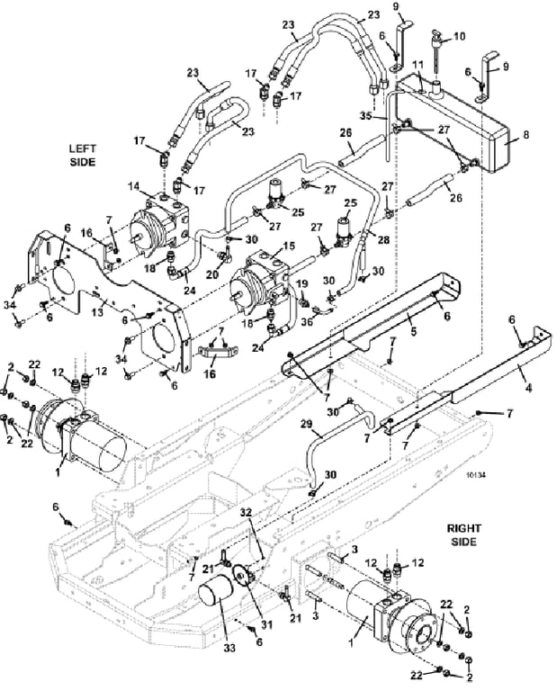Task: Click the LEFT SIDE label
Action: (x=83, y=155)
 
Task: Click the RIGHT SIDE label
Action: (x=463, y=534)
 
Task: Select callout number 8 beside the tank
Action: (x=525, y=135)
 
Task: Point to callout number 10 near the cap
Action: (x=460, y=36)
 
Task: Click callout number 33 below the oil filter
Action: (x=229, y=648)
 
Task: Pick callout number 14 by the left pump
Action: (x=133, y=186)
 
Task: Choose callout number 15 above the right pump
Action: (x=289, y=245)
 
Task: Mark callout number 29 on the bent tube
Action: (x=306, y=425)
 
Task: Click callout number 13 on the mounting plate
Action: (x=97, y=312)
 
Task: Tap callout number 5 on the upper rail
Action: (x=413, y=330)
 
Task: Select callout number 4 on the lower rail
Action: (x=529, y=388)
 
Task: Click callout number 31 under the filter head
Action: (x=266, y=624)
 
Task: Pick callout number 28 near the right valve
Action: (x=383, y=239)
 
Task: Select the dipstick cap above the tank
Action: (x=436, y=39)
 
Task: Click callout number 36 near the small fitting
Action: (x=307, y=322)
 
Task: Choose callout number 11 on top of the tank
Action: (x=418, y=65)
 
